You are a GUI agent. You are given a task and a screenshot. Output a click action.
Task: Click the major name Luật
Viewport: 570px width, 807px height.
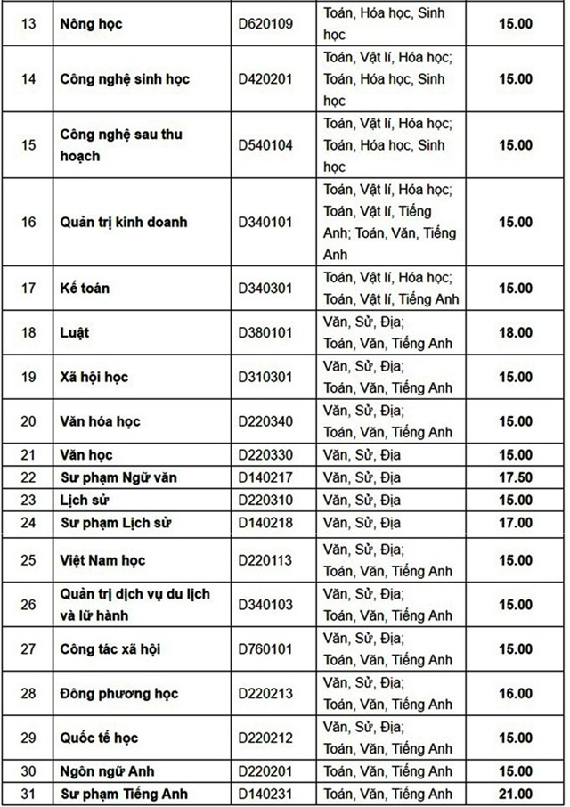[x=76, y=332]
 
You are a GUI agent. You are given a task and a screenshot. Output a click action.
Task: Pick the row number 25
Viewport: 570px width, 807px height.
[x=28, y=560]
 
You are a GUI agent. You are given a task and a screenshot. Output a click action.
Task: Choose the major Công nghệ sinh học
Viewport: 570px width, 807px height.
[x=125, y=78]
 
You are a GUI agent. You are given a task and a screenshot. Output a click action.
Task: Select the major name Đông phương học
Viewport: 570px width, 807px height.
[x=119, y=693]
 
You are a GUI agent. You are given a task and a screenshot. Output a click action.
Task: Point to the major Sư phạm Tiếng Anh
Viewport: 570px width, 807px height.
[x=124, y=794]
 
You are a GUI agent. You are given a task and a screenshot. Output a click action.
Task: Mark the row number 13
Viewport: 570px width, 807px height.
[x=28, y=24]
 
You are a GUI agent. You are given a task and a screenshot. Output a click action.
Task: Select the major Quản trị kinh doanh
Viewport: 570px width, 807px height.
[x=124, y=222]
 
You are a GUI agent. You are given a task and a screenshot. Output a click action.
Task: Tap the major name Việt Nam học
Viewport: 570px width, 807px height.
[x=102, y=560]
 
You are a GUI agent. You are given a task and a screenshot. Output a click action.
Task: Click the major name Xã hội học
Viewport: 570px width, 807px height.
[x=94, y=377]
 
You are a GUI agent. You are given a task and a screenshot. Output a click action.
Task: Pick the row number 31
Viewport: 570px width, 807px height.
[x=28, y=794]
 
